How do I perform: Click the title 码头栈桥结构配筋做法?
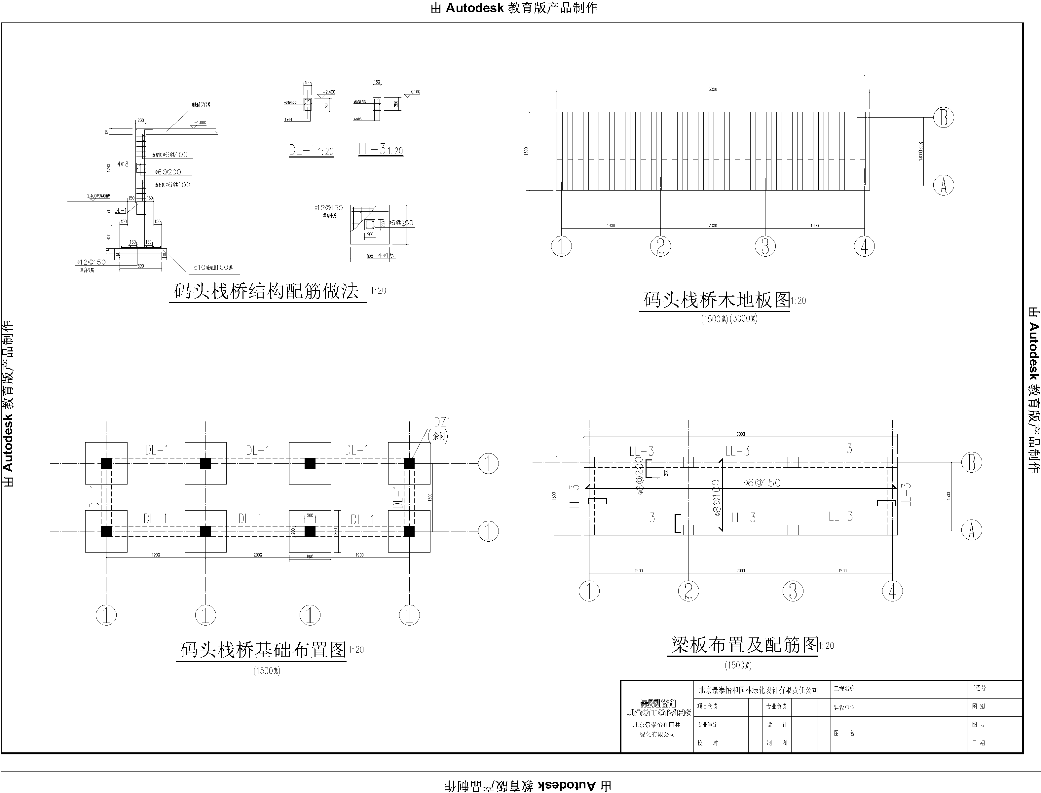click(x=267, y=291)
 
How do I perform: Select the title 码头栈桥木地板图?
click(x=716, y=300)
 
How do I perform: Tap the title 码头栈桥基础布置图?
click(x=263, y=650)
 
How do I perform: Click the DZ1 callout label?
click(x=442, y=422)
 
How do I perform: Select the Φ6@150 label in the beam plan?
click(x=762, y=483)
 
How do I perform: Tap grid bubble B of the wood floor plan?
click(x=943, y=118)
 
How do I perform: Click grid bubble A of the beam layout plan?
click(x=972, y=530)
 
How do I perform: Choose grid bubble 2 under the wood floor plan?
click(x=660, y=246)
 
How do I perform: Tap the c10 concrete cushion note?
click(x=213, y=268)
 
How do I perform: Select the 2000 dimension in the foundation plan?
click(x=257, y=555)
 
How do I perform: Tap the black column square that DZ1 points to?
click(x=409, y=463)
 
